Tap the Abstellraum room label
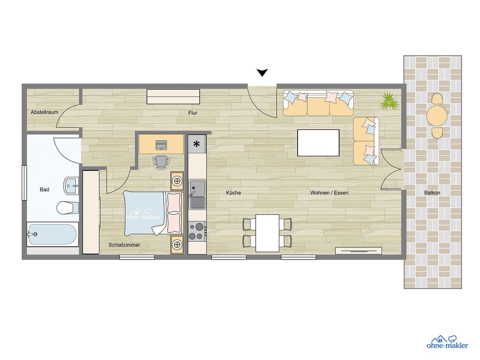(44, 112)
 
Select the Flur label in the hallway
(193, 113)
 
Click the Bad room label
(44, 190)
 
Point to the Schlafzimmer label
(124, 245)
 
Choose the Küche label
(233, 193)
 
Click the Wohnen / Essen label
(329, 193)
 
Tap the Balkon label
(432, 193)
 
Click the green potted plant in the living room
(389, 101)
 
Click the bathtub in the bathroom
(53, 234)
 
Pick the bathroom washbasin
(71, 185)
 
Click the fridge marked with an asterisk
(197, 144)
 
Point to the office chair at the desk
(161, 162)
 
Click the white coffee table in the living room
(318, 143)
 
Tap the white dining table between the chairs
(267, 233)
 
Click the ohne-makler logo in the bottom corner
(447, 342)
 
